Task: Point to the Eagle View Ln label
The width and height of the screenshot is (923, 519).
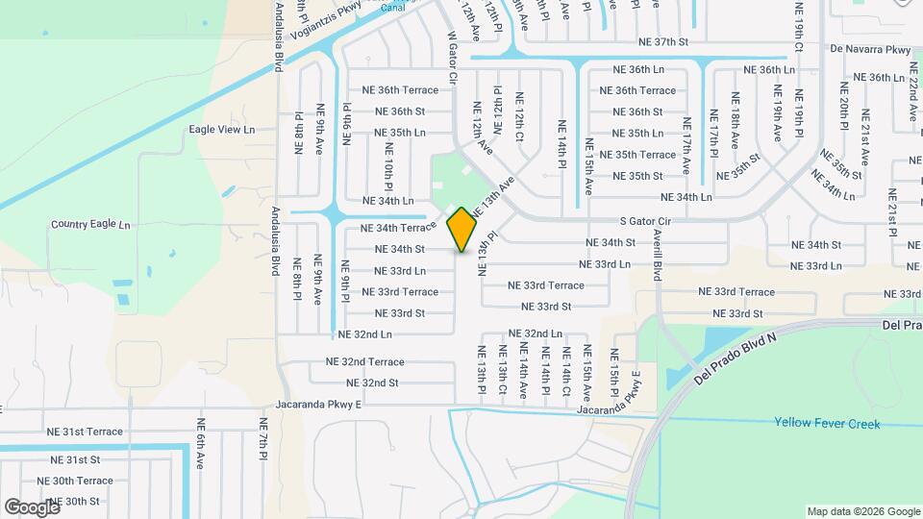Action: click(x=222, y=129)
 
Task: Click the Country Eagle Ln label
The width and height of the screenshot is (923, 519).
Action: click(x=89, y=225)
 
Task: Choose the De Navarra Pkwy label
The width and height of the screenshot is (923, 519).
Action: click(x=869, y=49)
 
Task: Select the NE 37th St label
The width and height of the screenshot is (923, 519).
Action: click(x=663, y=42)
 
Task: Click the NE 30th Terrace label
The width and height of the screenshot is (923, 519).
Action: click(x=75, y=481)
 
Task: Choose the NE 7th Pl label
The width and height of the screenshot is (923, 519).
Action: click(x=262, y=438)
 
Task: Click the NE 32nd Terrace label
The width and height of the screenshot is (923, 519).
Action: click(x=364, y=362)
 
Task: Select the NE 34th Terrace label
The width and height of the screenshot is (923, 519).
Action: click(x=398, y=229)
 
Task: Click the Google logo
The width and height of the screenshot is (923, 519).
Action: click(x=32, y=507)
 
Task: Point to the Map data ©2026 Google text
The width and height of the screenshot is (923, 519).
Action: click(x=862, y=511)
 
